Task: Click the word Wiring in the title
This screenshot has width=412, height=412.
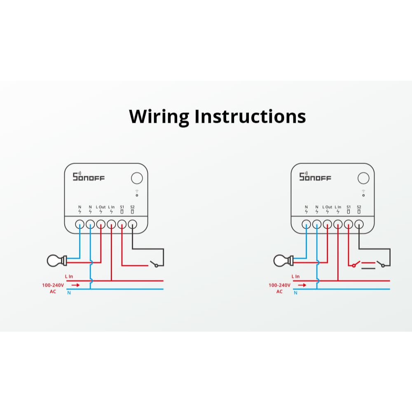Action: pos(159,117)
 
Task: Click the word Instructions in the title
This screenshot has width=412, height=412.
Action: pos(250,117)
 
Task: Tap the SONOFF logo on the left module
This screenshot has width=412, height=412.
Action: pos(89,177)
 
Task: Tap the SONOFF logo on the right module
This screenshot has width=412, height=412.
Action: pos(315,177)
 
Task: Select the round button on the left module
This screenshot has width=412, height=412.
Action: pos(137,178)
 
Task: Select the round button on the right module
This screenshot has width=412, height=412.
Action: pos(363,178)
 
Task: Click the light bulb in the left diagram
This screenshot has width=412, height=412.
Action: pos(55,260)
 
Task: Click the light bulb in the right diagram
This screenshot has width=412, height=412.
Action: pos(282,260)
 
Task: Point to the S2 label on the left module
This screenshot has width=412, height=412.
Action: pos(132,207)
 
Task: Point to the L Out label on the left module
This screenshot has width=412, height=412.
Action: pos(101,207)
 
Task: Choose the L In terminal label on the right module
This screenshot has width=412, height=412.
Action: pos(338,207)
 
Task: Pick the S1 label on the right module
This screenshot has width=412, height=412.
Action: pos(349,207)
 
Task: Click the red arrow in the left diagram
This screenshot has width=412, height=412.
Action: pos(76,285)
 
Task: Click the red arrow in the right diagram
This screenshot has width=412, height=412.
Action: pos(302,285)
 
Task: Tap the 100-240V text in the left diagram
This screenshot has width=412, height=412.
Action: pos(52,285)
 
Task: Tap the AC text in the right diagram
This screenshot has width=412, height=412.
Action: pos(279,292)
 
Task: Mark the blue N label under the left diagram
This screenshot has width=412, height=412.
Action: pos(69,293)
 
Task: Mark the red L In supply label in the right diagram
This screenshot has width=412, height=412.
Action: pos(295,276)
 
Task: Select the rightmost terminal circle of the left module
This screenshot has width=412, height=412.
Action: pos(132,224)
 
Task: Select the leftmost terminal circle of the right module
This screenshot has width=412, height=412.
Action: pos(306,224)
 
